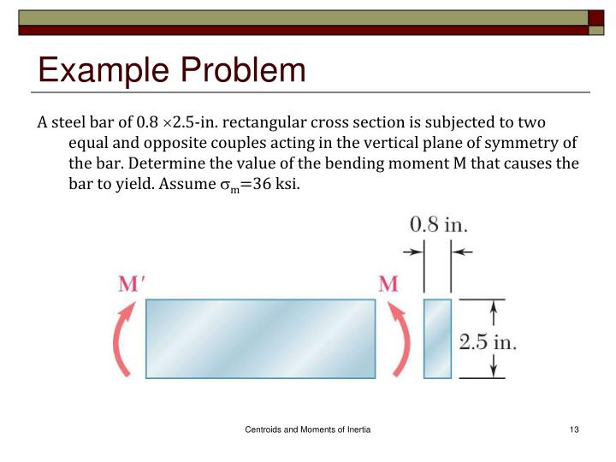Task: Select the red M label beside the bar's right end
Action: click(x=388, y=283)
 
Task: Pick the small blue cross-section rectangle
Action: click(x=437, y=338)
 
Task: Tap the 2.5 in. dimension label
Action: click(x=488, y=343)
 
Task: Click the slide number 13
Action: click(x=573, y=428)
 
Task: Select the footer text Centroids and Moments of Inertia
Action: click(x=307, y=428)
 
